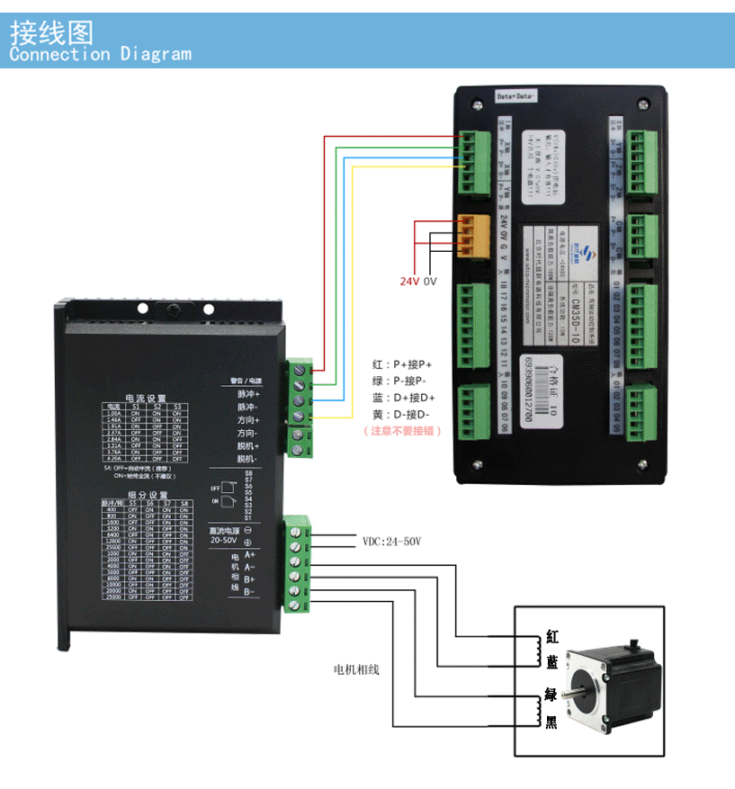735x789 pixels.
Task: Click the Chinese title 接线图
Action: [51, 32]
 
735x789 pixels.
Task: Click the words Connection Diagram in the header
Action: [100, 54]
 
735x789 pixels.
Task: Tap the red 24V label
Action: [410, 281]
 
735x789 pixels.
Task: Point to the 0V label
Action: [430, 281]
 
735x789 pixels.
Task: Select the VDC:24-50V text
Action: [391, 542]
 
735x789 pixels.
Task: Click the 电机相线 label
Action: [356, 669]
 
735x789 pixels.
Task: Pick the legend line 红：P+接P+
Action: [402, 365]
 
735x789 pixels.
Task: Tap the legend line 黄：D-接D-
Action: [402, 414]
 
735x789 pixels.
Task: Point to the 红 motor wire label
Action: [551, 637]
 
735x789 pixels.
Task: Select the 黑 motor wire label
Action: [551, 722]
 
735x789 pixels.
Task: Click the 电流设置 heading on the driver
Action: [145, 398]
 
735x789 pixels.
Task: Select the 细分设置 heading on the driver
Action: [147, 495]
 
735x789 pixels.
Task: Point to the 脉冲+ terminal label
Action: [248, 394]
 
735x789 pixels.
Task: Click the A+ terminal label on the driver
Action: [249, 554]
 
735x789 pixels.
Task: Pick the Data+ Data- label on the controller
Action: [515, 95]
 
